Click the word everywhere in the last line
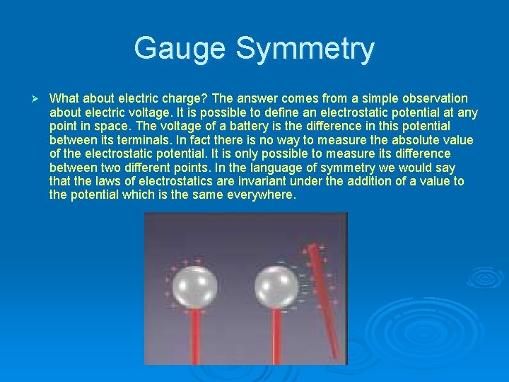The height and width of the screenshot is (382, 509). (259, 195)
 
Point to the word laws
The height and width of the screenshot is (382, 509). (105, 181)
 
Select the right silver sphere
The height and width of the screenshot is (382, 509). (276, 286)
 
